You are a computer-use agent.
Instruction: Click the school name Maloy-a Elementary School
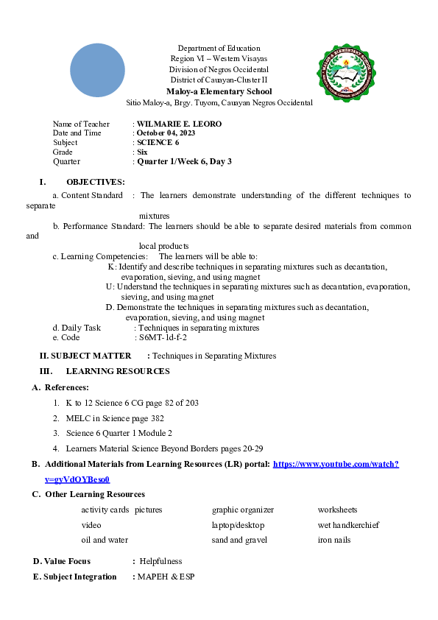219,91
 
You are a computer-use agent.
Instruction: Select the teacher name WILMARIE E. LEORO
179,124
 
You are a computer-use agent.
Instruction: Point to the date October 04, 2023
166,133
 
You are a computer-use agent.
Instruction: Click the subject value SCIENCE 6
158,142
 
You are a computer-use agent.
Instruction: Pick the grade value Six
142,152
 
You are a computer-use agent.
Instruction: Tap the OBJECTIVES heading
95,182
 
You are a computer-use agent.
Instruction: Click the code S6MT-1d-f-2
163,337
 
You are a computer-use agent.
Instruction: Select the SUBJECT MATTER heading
91,356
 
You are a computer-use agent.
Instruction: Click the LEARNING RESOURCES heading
118,371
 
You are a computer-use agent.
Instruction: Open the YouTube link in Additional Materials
336,464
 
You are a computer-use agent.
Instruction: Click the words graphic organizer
243,510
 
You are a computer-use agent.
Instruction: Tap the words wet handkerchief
348,525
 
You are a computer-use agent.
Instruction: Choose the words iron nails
334,540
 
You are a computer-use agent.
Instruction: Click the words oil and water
105,540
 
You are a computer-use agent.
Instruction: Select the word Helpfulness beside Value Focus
160,561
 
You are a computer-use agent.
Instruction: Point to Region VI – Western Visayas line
219,58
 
